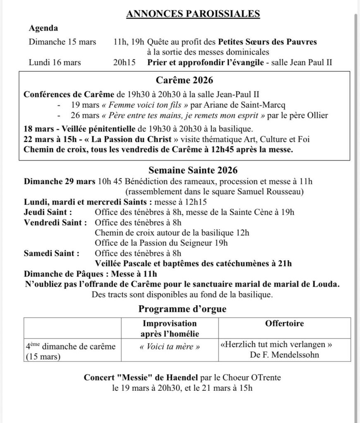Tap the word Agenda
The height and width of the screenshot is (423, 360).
click(x=43, y=29)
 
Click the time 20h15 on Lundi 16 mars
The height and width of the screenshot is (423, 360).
click(x=124, y=63)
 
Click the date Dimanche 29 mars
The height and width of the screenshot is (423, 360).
click(x=59, y=181)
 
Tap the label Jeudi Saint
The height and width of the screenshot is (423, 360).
click(x=48, y=212)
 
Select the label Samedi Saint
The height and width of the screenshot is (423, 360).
click(x=51, y=253)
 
